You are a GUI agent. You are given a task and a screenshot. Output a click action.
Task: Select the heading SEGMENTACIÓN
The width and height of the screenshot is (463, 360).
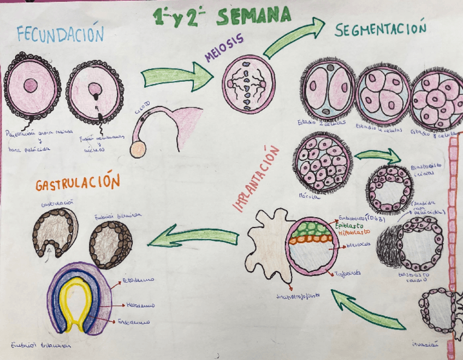pos(380,31)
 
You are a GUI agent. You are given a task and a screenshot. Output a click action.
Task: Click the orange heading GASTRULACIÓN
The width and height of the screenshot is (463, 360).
pos(77,184)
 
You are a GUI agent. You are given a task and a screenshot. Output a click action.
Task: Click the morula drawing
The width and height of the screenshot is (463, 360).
pos(323,162)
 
